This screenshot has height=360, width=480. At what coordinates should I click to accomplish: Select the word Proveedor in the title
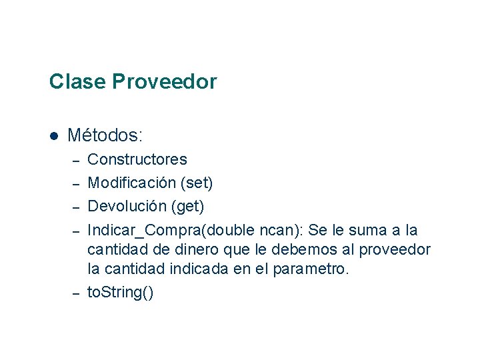coord(165,82)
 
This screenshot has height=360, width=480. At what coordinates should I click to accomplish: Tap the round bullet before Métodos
coord(54,136)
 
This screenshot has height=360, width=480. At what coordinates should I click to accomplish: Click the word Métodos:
coord(105,135)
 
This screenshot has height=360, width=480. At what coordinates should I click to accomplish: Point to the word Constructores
coord(137,160)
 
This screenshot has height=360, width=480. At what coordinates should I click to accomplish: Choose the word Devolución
coord(127,206)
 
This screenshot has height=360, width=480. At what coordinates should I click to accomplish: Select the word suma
coord(371,230)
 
